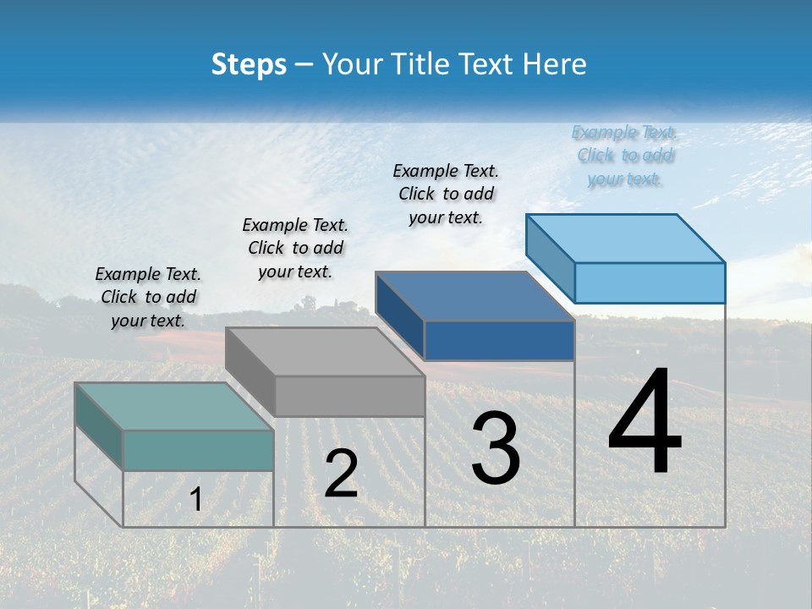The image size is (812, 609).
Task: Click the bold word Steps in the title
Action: point(248,64)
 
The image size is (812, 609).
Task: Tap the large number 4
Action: point(645,422)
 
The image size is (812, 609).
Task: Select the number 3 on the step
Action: point(496,448)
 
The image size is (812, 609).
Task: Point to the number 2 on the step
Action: point(341,473)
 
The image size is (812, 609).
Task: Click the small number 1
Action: point(196,499)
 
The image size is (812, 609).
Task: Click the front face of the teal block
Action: point(199,450)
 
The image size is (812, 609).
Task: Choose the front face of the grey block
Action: point(350,396)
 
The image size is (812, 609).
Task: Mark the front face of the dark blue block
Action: point(500,340)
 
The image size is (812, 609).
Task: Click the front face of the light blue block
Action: point(650,283)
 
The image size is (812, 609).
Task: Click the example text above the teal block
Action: point(148,297)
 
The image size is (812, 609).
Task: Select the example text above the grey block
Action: point(295,248)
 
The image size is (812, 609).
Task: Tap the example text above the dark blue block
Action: point(446,194)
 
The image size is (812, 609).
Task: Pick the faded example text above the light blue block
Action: point(624,156)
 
